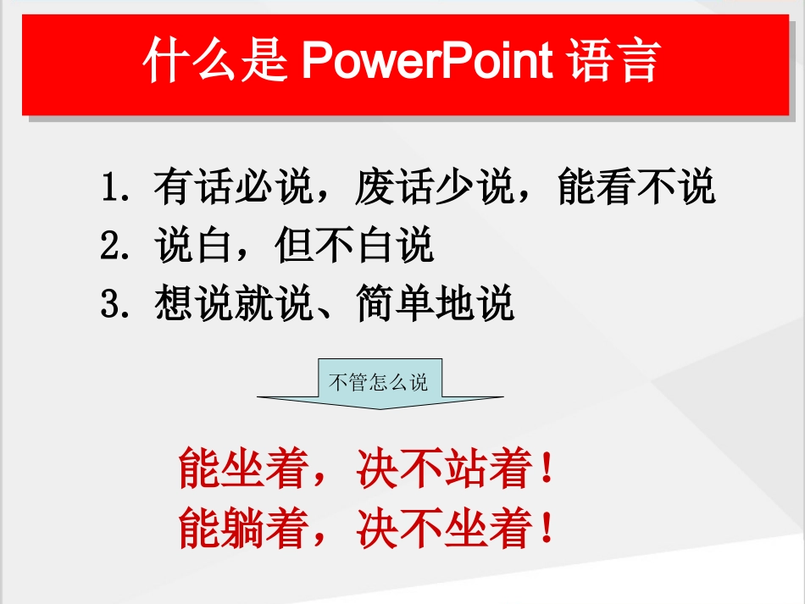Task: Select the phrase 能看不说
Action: point(636,187)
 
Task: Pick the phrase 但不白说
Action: point(354,246)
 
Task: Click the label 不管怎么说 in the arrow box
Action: point(379,382)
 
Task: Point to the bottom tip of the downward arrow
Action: point(380,409)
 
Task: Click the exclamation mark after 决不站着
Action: point(547,469)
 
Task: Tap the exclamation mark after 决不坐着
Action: point(547,528)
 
